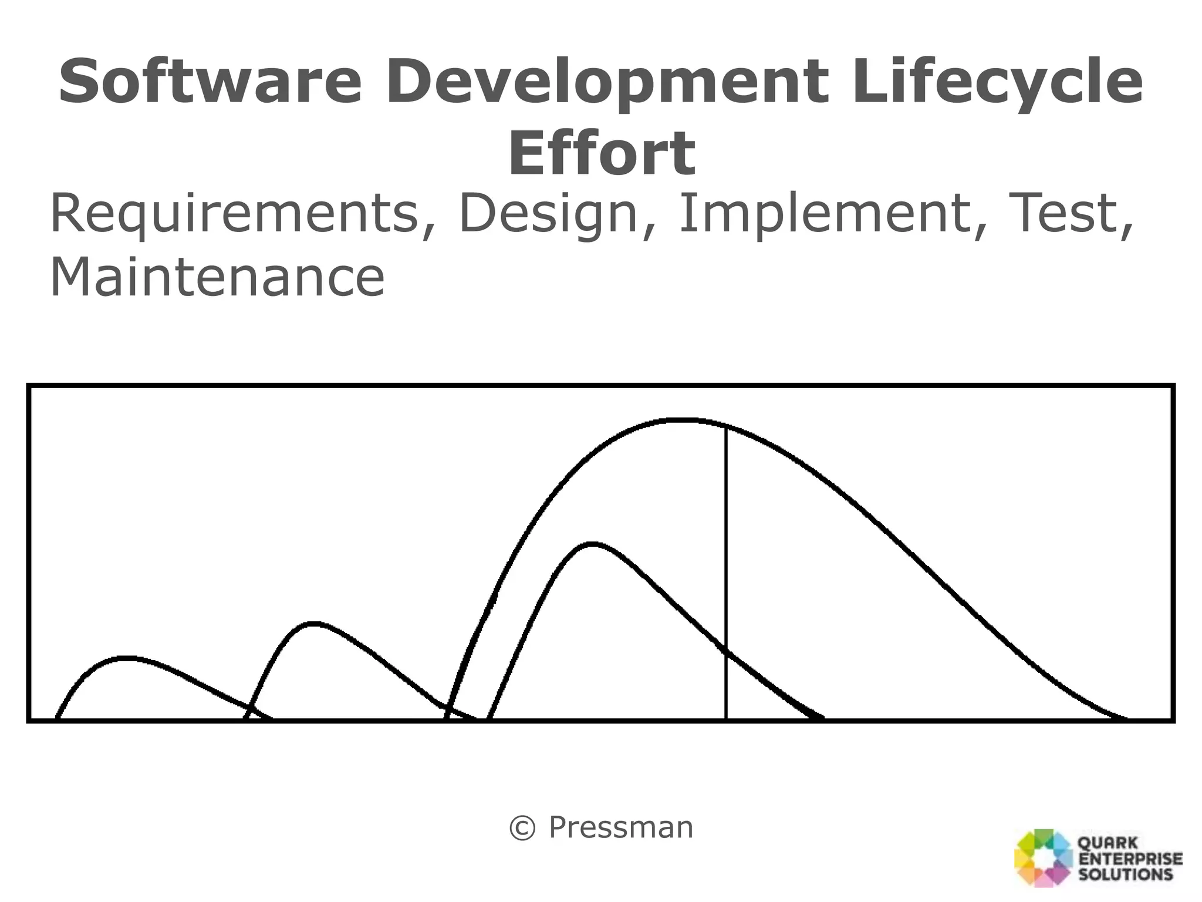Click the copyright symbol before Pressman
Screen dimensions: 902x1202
coord(522,829)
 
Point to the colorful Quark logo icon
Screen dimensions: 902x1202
coord(1044,857)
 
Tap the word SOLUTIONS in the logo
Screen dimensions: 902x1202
coord(1126,874)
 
